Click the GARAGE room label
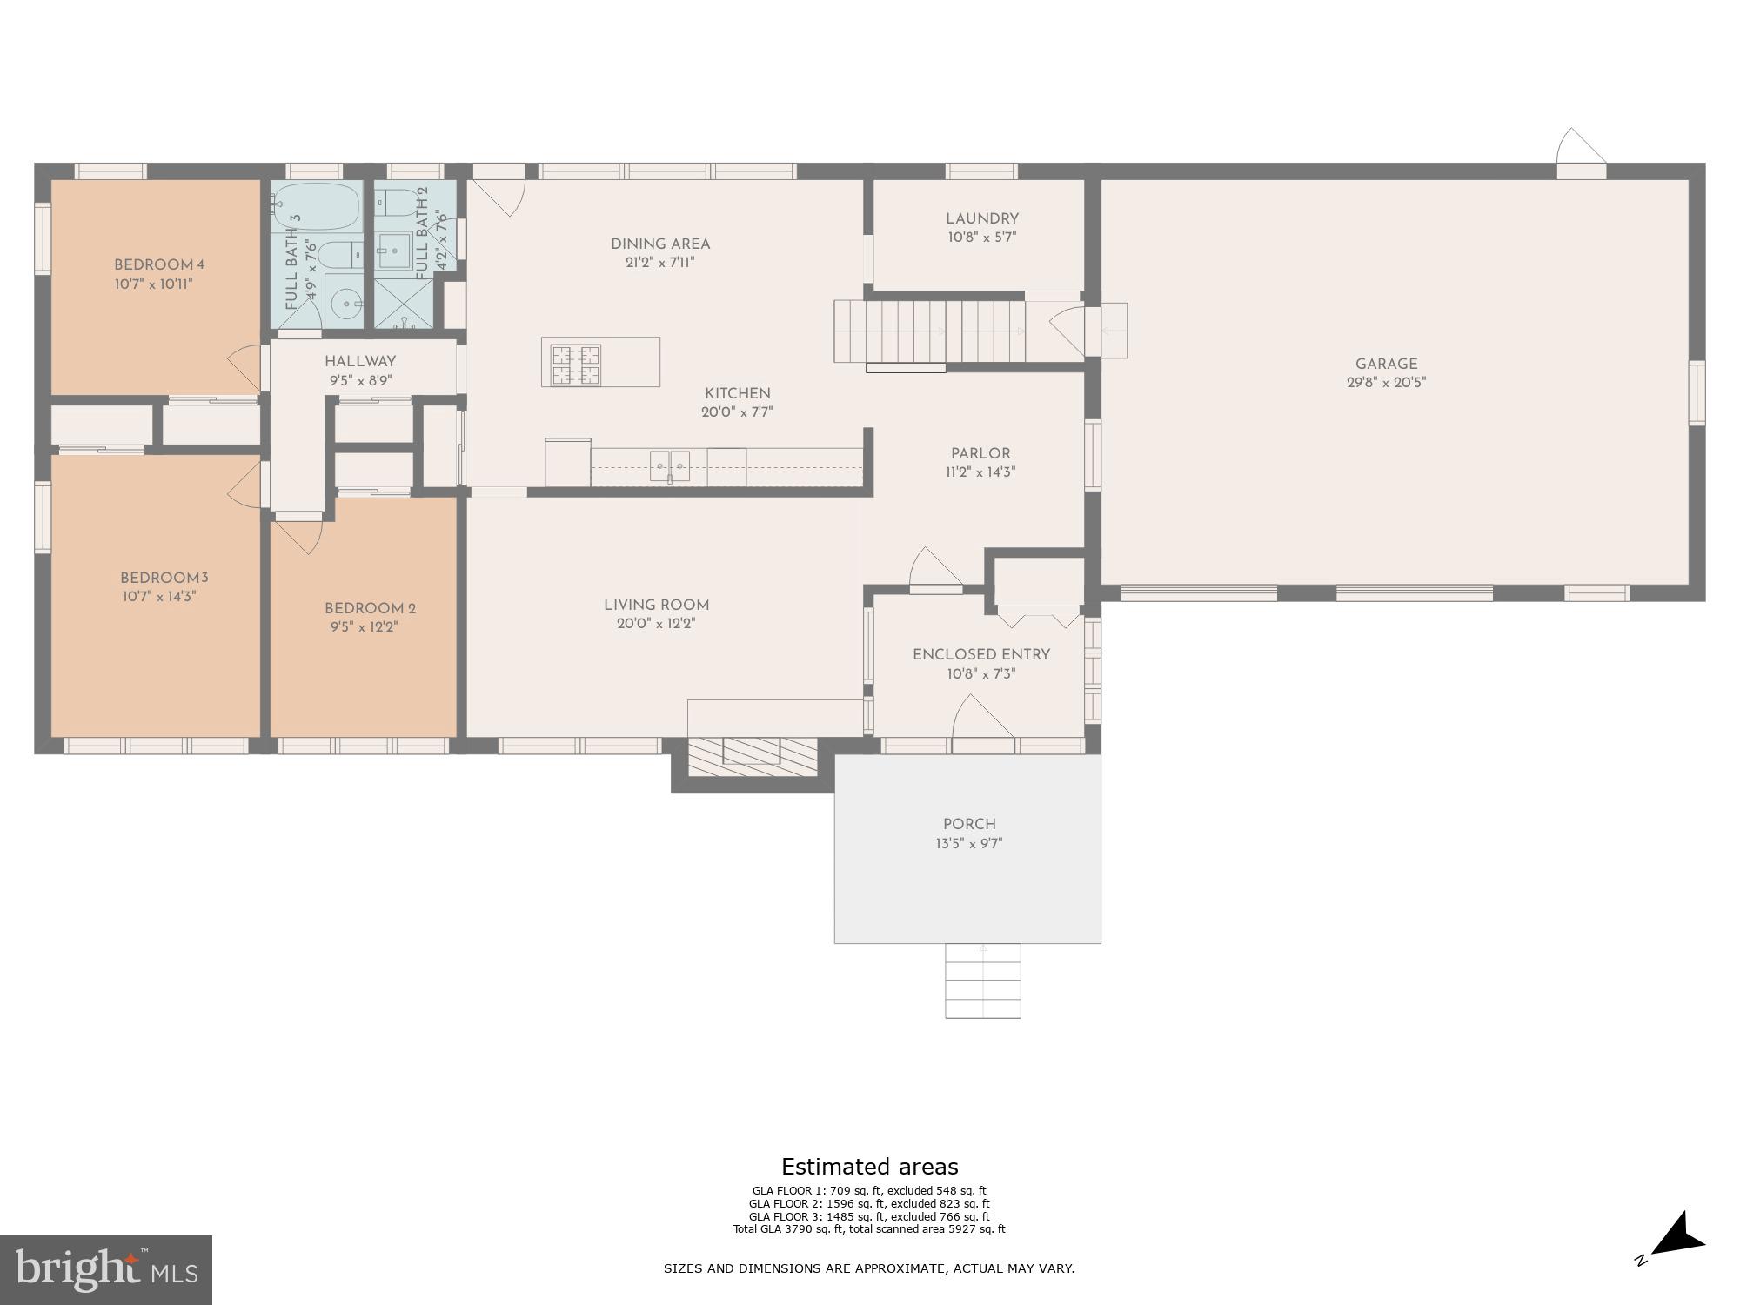[x=1386, y=365]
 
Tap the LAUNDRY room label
[x=982, y=219]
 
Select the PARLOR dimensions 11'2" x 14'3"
[x=980, y=472]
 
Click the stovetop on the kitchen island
[x=575, y=362]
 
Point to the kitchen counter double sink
[x=670, y=466]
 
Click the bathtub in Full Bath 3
[x=316, y=207]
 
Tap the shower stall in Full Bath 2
[x=404, y=305]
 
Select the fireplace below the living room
[x=753, y=753]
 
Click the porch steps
[x=983, y=980]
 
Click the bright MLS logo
[x=105, y=1270]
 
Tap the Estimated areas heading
[x=869, y=1167]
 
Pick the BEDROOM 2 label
[x=365, y=609]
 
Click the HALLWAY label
[x=360, y=362]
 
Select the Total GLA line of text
[x=869, y=1229]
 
